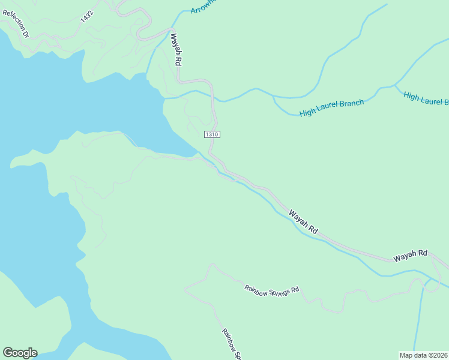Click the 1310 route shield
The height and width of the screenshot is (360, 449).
212,134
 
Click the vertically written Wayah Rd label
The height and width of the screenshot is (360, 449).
175,49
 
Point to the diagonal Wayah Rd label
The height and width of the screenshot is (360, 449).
303,221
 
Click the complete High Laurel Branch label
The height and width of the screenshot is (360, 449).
331,107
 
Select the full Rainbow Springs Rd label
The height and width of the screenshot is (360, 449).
271,290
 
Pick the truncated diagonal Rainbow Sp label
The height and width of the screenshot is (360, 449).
231,344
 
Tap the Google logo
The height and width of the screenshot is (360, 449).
20,353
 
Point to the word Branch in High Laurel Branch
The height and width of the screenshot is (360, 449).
351,104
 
